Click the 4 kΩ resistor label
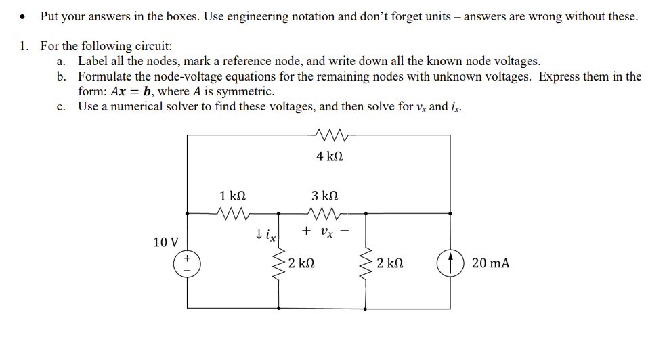point(329,156)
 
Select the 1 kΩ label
point(232,196)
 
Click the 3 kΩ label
point(324,196)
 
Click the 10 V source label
point(166,242)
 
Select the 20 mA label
point(490,263)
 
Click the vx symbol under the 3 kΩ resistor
point(327,232)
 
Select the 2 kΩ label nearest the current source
point(391,263)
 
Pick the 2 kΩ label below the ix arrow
point(300,263)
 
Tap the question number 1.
point(24,46)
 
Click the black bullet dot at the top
point(24,16)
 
